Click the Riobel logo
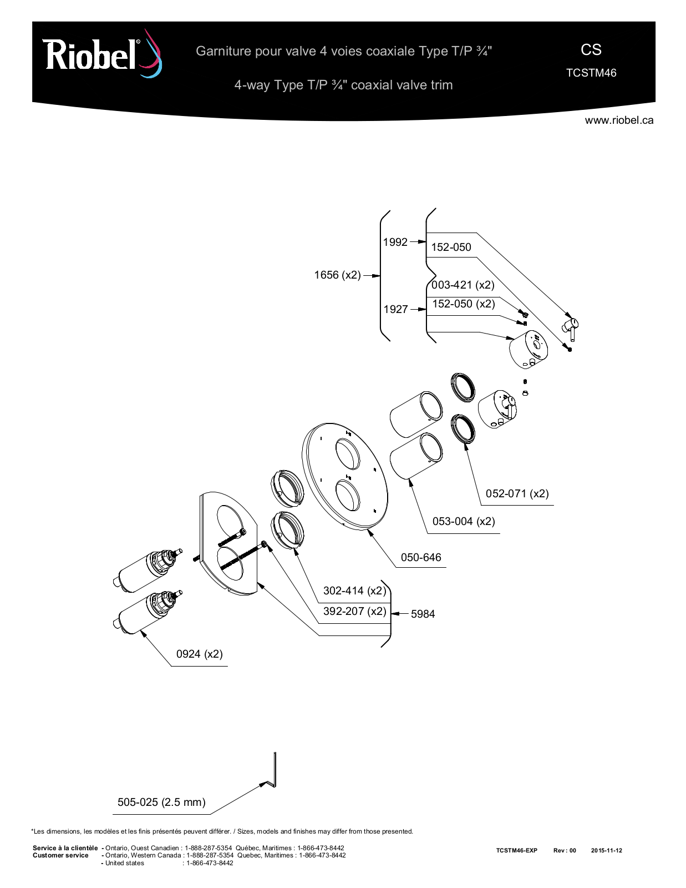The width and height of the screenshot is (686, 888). pos(102,54)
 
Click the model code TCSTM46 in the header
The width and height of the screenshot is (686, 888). pos(591,73)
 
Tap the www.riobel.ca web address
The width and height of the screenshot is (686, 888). pos(619,120)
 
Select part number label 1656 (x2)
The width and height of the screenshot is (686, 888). pos(337,275)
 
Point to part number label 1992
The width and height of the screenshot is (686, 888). pos(395,242)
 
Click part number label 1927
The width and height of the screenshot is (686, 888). pos(395,309)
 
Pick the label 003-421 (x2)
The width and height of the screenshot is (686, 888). pos(463,285)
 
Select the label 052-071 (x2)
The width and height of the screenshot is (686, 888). pos(517,493)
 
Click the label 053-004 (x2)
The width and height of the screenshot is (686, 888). pos(464,522)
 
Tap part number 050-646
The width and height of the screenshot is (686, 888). pos(421,557)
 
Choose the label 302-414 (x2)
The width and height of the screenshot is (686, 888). pos(354,591)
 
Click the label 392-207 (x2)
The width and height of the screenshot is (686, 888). pos(354,611)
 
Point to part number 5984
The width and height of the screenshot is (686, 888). pos(423,614)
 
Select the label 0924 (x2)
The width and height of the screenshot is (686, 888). pos(199,654)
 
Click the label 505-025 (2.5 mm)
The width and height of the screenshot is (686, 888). pos(161,802)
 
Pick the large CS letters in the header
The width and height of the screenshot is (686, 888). pos(591,50)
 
